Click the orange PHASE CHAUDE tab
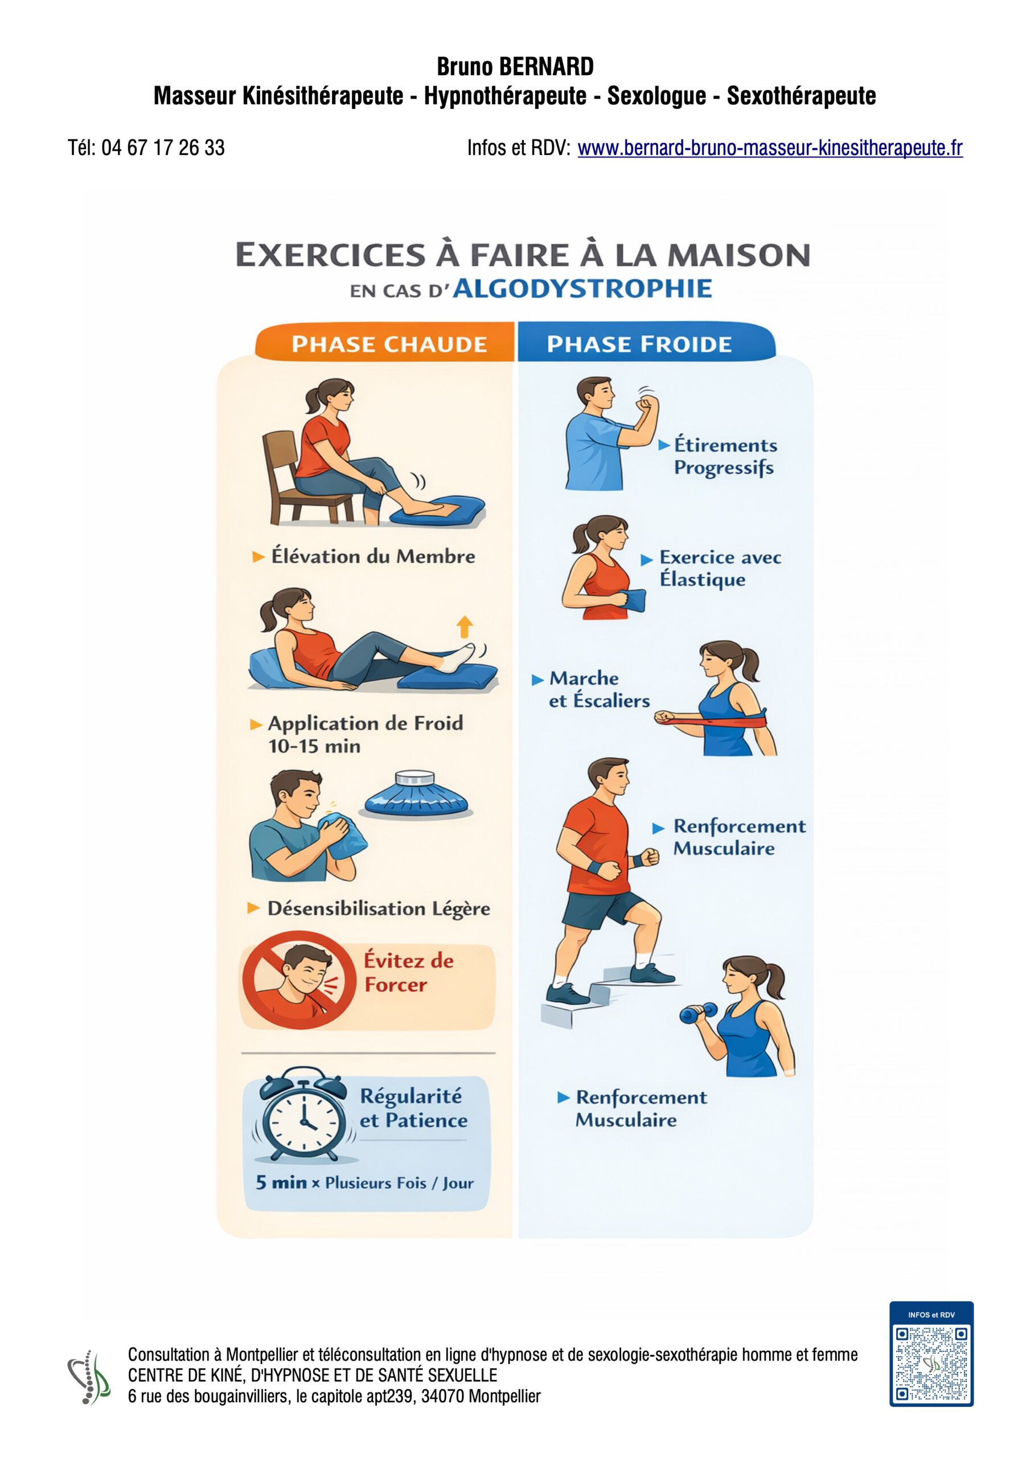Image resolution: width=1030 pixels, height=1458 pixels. click(x=385, y=342)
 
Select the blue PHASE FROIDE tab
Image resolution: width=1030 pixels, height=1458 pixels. click(x=646, y=342)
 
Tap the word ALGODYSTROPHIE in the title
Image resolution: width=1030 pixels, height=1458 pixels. click(x=582, y=289)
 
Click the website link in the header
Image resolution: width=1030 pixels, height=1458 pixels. click(x=770, y=148)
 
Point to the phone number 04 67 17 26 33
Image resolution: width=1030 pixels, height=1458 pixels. click(x=163, y=148)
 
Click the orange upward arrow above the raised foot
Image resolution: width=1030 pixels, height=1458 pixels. click(x=465, y=626)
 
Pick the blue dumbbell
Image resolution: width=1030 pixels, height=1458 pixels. click(x=699, y=1012)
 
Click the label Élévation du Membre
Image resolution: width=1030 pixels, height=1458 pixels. click(x=373, y=556)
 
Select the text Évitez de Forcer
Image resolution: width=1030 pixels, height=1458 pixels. click(x=408, y=972)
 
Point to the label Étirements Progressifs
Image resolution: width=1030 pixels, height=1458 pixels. click(x=725, y=457)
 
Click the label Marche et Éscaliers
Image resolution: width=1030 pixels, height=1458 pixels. click(x=600, y=690)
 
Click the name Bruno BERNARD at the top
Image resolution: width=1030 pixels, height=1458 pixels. click(x=515, y=67)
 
